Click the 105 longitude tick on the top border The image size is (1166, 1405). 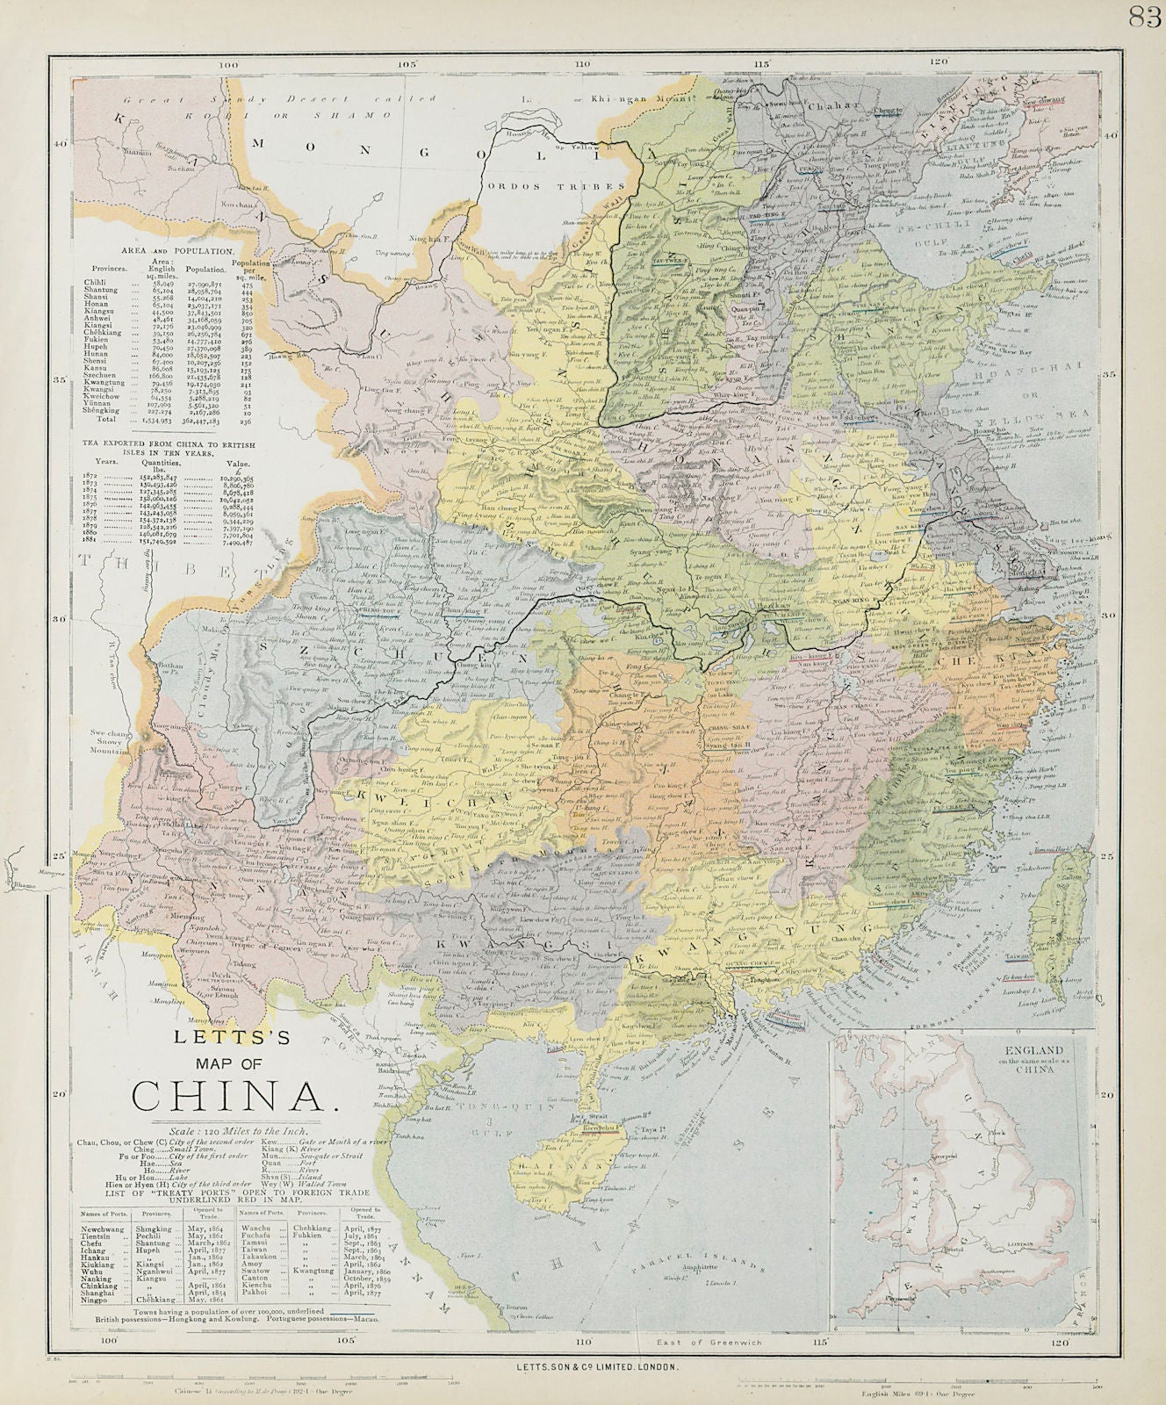coord(407,63)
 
